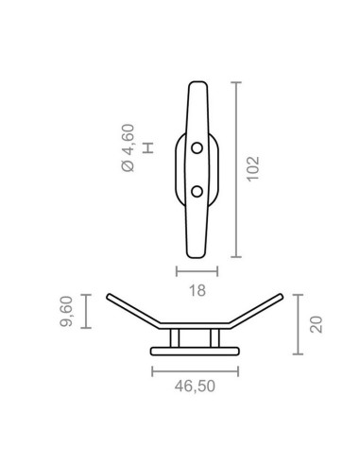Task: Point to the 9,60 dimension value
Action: pos(66,311)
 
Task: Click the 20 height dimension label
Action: pos(317,324)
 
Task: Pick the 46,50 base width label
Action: pos(197,386)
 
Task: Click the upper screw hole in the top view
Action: pos(197,148)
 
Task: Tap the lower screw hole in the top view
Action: pos(197,192)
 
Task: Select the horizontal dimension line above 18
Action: pos(197,272)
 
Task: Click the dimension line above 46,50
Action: pos(197,368)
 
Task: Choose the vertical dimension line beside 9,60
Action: pos(85,311)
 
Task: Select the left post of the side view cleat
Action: pos(175,338)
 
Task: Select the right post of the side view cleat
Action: pos(217,338)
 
